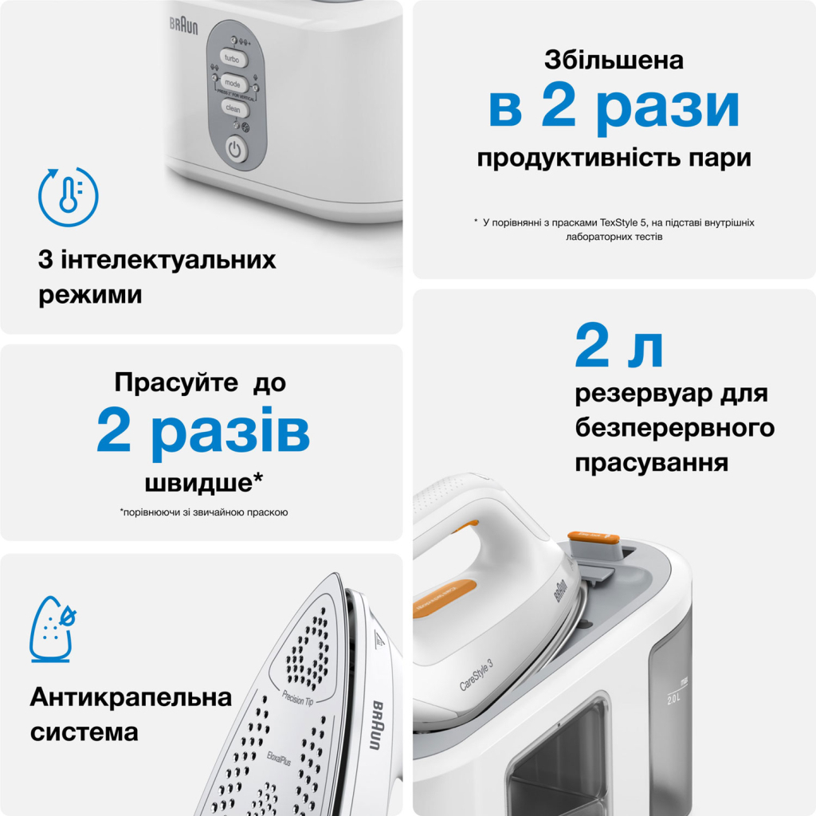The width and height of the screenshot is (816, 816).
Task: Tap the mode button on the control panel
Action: click(233, 83)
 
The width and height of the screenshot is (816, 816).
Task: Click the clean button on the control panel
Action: click(232, 108)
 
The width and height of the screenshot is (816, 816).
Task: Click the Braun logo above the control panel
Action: click(183, 24)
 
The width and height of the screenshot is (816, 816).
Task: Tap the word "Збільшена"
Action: click(614, 60)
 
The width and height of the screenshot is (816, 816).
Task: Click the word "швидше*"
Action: click(204, 483)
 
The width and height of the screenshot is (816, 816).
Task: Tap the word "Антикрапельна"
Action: click(131, 698)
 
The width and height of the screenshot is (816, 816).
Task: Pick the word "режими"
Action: click(90, 296)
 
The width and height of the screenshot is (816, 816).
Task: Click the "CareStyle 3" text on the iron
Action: click(482, 675)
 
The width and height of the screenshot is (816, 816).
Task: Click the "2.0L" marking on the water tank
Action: click(673, 700)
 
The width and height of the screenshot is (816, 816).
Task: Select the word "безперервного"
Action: click(674, 428)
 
